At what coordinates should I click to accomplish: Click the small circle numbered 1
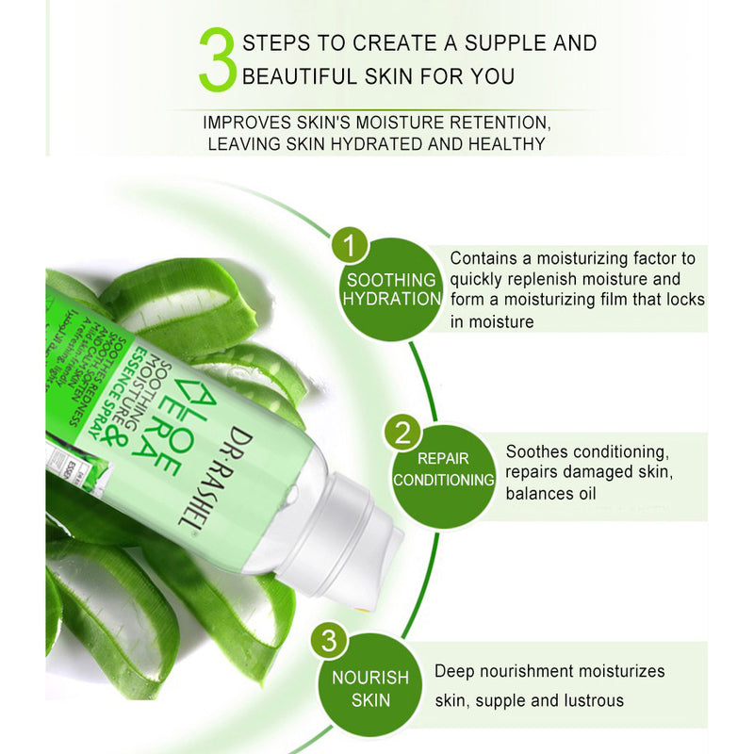point(352,247)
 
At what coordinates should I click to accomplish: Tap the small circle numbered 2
point(402,434)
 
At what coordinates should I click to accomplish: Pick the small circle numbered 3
point(328,641)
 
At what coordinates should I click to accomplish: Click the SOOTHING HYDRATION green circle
point(390,289)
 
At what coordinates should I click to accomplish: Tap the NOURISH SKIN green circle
point(369,688)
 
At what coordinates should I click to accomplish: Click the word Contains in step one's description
point(481,257)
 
